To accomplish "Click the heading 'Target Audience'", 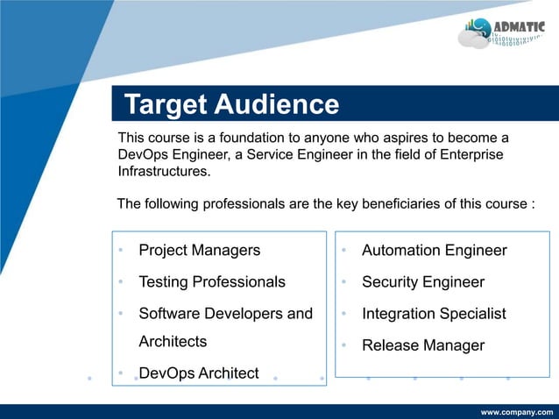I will tap(231, 105).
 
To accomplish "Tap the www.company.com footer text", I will tap(516, 411).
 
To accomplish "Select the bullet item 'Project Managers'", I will tap(199, 251).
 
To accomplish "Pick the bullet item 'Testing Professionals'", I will tap(212, 282).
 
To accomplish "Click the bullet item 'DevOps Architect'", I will tap(199, 373).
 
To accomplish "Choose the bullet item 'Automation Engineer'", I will tap(434, 251).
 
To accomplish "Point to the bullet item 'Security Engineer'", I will tap(422, 282).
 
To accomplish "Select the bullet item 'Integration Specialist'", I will tap(434, 314).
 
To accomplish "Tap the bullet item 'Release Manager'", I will tap(422, 345).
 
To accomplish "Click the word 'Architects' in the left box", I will tap(173, 341).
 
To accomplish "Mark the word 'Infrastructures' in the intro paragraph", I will tap(164, 171).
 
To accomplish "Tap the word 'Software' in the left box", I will tap(168, 314).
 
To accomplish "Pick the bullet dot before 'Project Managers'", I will tap(123, 252).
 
